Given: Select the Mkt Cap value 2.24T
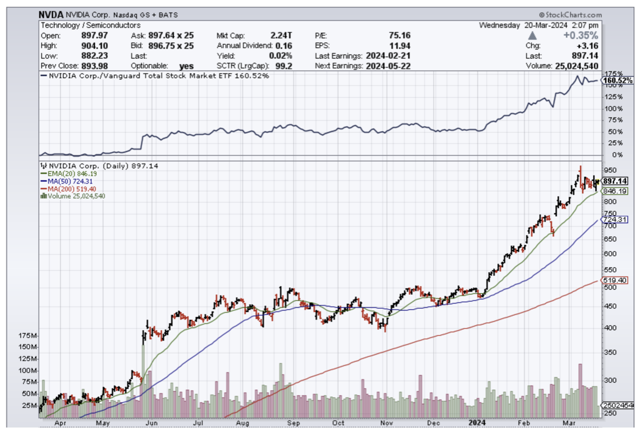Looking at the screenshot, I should [x=282, y=36].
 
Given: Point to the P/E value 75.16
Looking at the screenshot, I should [x=400, y=36].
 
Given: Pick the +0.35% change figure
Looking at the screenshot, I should [x=583, y=36].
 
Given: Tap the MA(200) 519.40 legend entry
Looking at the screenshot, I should [x=67, y=189].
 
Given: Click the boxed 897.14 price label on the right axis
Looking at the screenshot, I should [x=614, y=181].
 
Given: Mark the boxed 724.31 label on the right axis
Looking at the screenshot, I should [x=614, y=220].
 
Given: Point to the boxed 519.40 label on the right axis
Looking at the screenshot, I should [x=614, y=281].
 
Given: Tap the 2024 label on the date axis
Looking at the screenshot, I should [x=477, y=424].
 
